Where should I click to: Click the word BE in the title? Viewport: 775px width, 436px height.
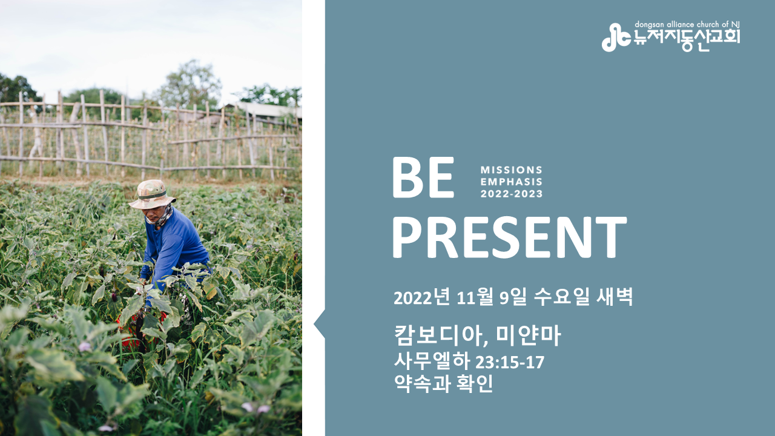click(423, 177)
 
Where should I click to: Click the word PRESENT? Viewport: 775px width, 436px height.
click(510, 237)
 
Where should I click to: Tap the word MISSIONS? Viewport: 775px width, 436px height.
click(512, 170)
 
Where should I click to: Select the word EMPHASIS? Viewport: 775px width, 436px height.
click(512, 182)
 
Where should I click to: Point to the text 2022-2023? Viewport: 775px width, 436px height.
click(512, 194)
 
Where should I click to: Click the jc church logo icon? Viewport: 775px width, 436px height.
click(616, 38)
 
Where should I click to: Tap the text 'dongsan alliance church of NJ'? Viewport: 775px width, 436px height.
click(687, 25)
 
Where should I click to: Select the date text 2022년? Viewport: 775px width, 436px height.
click(422, 297)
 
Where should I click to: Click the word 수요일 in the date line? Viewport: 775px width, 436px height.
click(561, 297)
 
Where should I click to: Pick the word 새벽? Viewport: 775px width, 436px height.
click(615, 297)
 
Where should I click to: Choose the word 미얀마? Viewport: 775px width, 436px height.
click(529, 335)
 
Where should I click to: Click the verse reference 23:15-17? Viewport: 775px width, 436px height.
click(510, 363)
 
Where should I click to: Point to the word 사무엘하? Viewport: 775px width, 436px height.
click(432, 362)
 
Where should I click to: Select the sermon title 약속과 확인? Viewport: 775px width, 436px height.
click(444, 383)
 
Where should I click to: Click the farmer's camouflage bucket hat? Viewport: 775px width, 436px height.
click(152, 194)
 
